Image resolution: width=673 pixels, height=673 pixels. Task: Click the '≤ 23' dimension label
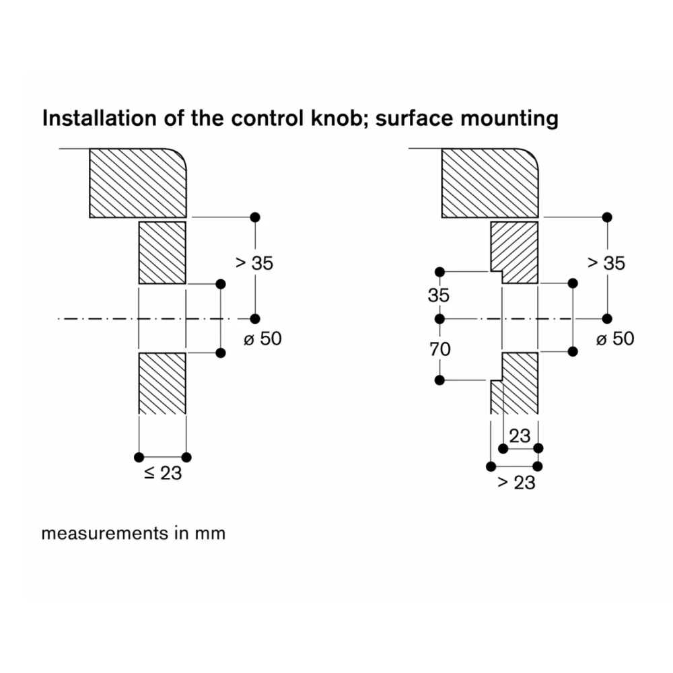tap(162, 473)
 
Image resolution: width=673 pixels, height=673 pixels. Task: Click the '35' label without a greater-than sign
tap(439, 295)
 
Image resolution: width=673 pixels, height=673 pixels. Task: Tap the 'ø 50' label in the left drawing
tap(262, 339)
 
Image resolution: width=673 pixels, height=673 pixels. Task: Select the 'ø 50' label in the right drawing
tap(615, 339)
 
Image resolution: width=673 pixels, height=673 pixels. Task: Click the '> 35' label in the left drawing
tap(254, 263)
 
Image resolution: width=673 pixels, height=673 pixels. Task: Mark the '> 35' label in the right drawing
tap(606, 263)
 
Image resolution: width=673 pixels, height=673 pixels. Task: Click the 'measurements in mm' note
tap(133, 534)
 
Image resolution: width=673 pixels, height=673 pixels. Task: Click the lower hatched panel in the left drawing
tap(162, 383)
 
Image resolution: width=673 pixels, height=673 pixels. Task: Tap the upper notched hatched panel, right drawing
tap(516, 252)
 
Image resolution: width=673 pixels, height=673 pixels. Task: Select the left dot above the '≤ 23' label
tap(139, 457)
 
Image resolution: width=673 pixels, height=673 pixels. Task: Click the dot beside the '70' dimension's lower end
tap(439, 380)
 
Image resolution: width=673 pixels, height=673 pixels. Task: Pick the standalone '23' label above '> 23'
tap(520, 436)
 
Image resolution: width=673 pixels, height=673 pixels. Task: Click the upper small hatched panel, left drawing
tap(162, 252)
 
